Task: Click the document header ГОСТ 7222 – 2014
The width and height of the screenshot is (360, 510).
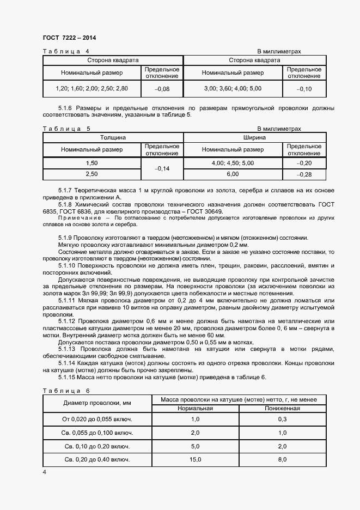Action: (x=69, y=38)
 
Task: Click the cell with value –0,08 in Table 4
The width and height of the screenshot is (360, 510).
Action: (x=162, y=89)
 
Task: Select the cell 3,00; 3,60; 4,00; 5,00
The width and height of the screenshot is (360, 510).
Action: (x=233, y=88)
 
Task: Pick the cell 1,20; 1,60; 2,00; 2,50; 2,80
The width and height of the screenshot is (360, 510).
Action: (x=91, y=88)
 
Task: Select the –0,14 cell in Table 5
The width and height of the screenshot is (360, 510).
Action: (x=162, y=169)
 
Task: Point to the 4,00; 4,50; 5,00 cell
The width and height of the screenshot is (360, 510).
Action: (x=233, y=163)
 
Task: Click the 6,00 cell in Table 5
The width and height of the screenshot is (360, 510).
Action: (x=233, y=174)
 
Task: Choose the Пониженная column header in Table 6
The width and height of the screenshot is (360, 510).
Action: (x=282, y=409)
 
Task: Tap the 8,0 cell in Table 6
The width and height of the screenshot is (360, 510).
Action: (x=282, y=460)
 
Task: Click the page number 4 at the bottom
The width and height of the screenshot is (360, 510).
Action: (x=44, y=472)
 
